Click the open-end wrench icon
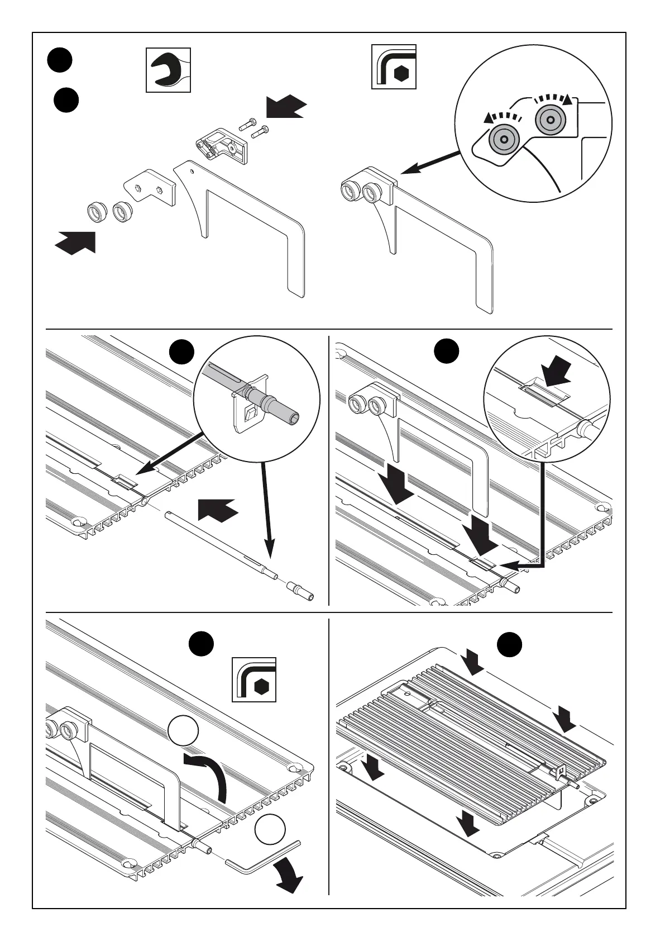(x=168, y=70)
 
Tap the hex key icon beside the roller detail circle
(x=394, y=66)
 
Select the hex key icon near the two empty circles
(x=254, y=680)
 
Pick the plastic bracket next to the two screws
(x=223, y=144)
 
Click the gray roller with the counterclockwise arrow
(x=504, y=139)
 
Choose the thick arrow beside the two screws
(x=286, y=106)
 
